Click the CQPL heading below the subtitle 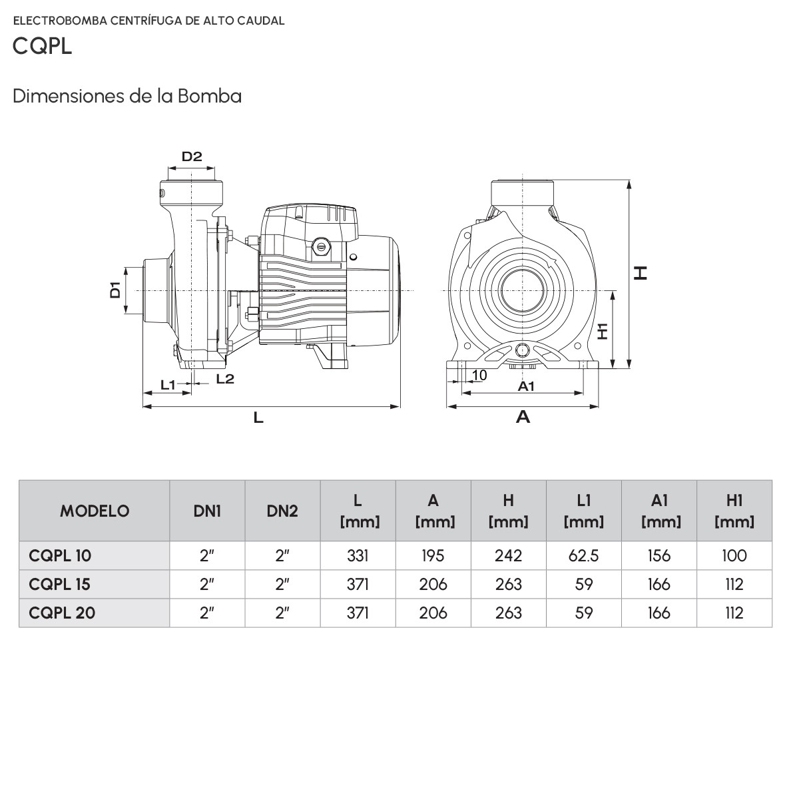point(42,47)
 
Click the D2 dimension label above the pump point(192,157)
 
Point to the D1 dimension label point(115,290)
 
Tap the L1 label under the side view point(168,384)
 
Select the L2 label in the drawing point(225,379)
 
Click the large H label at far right point(641,272)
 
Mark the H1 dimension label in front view point(603,331)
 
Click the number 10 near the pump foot point(479,376)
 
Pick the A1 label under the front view point(526,386)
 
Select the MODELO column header point(95,511)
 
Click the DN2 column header point(282,511)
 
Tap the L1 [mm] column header point(583,511)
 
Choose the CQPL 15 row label point(60,584)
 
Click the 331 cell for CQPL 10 point(358,555)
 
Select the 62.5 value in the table point(583,555)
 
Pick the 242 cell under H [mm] point(508,555)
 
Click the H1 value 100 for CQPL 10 point(734,555)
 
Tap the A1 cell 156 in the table point(659,555)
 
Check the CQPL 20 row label point(62,613)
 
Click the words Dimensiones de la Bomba point(127,96)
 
